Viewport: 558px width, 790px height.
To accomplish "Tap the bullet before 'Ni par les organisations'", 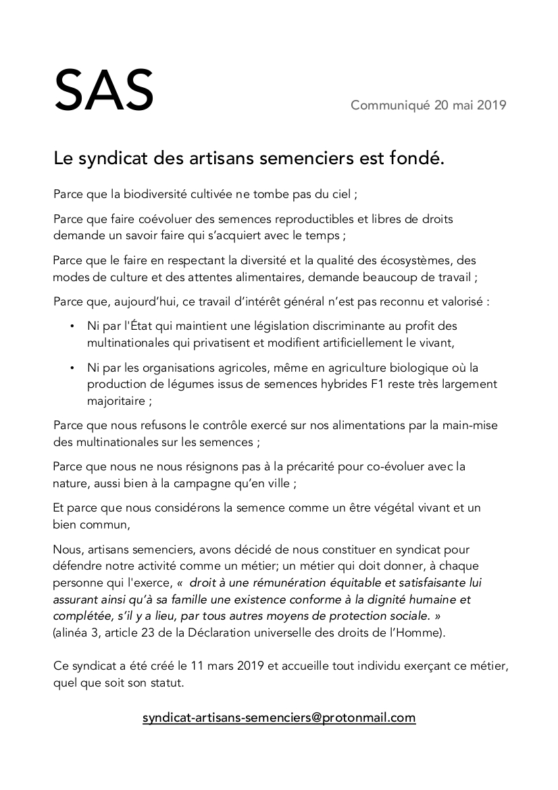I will pyautogui.click(x=71, y=368).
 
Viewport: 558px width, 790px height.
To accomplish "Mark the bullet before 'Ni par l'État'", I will pyautogui.click(x=71, y=326).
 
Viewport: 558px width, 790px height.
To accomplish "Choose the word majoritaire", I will pyautogui.click(x=115, y=401).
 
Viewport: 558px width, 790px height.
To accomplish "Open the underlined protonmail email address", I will pyautogui.click(x=279, y=718).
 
